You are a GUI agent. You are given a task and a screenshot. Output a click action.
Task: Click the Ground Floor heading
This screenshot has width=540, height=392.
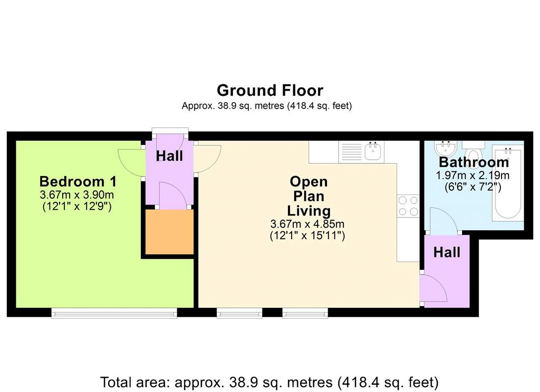click(270, 91)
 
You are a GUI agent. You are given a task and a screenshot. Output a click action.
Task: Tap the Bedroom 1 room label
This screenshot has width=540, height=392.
click(78, 181)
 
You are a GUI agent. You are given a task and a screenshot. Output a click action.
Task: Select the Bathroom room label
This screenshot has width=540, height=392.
click(474, 162)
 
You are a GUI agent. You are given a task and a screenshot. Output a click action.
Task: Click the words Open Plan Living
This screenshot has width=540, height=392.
click(309, 196)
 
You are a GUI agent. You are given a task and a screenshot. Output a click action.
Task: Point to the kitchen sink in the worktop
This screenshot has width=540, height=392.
click(374, 151)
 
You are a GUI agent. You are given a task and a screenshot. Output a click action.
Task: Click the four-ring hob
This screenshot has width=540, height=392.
click(408, 206)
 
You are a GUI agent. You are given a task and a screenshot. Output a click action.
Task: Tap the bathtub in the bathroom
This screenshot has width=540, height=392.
click(507, 183)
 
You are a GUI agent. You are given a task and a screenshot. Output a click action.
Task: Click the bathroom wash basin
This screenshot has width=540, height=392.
click(446, 148)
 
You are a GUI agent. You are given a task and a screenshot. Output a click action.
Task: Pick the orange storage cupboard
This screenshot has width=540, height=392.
click(169, 232)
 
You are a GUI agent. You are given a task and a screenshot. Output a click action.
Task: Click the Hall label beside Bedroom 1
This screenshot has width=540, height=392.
click(169, 156)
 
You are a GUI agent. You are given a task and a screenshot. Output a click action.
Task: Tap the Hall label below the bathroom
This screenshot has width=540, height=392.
click(447, 252)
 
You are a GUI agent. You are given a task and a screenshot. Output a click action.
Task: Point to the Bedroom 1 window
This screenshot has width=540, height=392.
click(114, 312)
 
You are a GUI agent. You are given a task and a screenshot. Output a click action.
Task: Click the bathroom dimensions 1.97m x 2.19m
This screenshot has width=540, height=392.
click(472, 175)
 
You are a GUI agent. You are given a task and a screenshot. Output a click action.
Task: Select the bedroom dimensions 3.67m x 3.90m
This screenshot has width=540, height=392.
click(77, 195)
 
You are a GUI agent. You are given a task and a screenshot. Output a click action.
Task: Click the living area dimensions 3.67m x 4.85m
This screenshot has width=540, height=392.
click(307, 224)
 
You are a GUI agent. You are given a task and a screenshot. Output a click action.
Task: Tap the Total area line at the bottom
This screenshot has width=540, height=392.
click(269, 382)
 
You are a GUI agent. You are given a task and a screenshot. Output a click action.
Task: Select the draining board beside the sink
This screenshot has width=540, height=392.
click(352, 152)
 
